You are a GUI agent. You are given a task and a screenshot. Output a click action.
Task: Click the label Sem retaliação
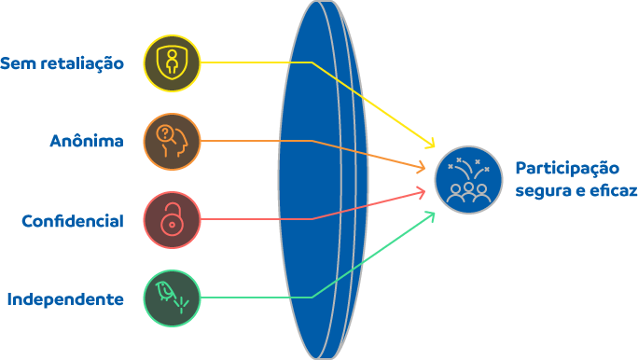pos(62,63)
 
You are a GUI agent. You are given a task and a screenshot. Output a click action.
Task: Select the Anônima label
pos(87,141)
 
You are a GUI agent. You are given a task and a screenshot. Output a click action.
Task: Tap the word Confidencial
pos(73,221)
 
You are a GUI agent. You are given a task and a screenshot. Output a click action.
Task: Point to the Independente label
pos(65,299)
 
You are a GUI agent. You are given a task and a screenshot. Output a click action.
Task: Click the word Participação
pos(567,169)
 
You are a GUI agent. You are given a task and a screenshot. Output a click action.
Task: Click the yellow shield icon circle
pos(173,63)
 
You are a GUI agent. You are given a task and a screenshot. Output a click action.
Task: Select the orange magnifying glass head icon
pos(173,141)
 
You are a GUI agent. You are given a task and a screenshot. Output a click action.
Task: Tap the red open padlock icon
pos(173,220)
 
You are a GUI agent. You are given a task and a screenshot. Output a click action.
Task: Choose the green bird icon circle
pos(173,298)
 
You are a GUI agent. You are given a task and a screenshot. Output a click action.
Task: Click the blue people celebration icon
pos(469,179)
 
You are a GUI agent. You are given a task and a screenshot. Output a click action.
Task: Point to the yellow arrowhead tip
pos(434,147)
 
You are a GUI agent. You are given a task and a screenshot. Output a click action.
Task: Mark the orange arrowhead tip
pos(424,168)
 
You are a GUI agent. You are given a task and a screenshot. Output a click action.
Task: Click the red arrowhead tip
pos(424,190)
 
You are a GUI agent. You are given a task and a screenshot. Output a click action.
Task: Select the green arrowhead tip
pos(434,212)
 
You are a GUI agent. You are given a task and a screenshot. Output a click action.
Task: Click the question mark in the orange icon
pos(164,132)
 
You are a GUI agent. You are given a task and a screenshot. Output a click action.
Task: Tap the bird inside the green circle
pos(165,291)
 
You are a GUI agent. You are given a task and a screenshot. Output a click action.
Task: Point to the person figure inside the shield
pos(173,62)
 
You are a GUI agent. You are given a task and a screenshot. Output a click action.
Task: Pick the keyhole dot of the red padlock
pos(173,224)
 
